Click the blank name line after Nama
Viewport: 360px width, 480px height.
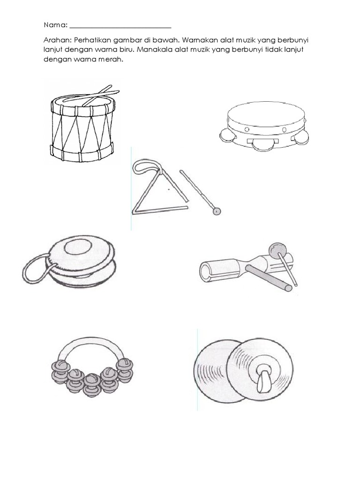click(x=120, y=28)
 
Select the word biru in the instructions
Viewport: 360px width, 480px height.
click(x=125, y=50)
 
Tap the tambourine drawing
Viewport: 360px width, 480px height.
click(x=264, y=126)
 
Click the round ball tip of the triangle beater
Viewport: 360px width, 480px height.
click(x=217, y=211)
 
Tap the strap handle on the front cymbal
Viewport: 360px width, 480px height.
click(x=264, y=378)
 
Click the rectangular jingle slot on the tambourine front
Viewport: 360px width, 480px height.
click(x=262, y=141)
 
